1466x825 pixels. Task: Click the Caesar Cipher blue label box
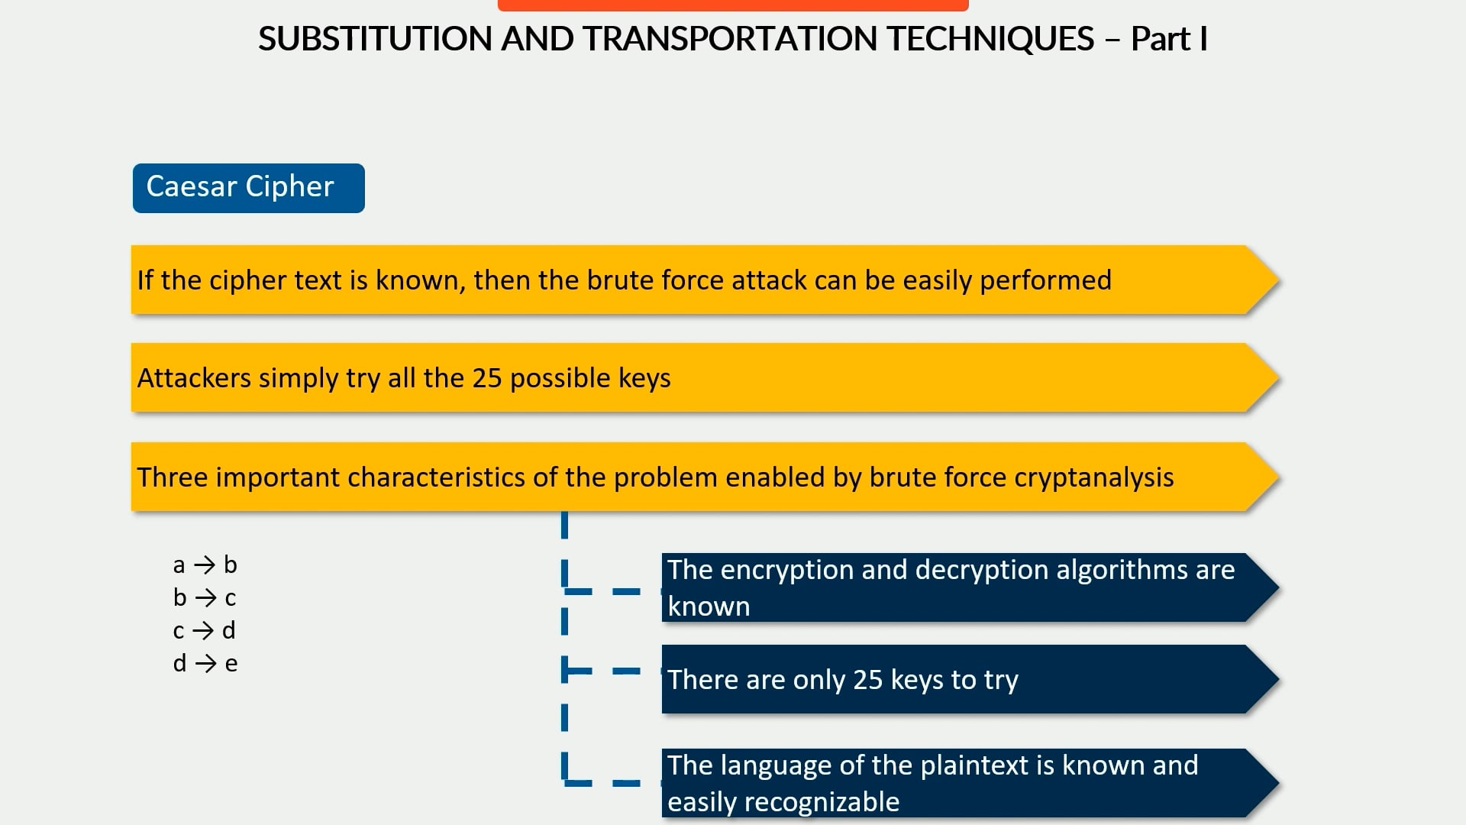click(x=248, y=188)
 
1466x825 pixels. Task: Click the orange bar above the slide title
click(x=733, y=5)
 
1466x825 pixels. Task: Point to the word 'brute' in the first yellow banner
click(x=619, y=280)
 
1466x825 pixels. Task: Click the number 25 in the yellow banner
click(x=486, y=378)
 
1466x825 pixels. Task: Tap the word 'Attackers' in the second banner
click(x=194, y=378)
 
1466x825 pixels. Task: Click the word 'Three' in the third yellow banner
click(x=173, y=477)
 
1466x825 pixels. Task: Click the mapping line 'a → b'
click(x=205, y=565)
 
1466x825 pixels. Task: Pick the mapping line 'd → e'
click(x=205, y=663)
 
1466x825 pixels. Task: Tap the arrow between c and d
click(x=203, y=630)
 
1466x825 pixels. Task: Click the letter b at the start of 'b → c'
click(x=179, y=597)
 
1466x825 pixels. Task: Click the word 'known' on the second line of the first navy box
click(x=709, y=607)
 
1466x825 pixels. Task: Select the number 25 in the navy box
click(x=867, y=680)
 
